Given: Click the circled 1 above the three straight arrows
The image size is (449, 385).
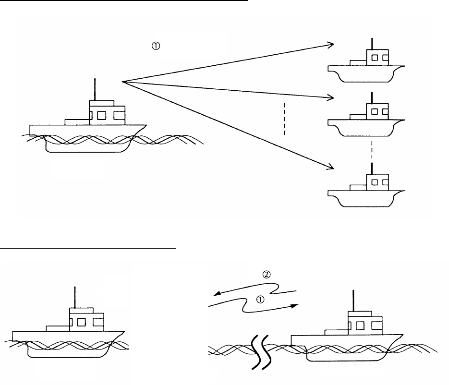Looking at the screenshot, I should [155, 46].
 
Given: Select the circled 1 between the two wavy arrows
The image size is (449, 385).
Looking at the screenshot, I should [260, 299].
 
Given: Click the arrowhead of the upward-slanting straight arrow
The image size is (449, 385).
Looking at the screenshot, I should [330, 44].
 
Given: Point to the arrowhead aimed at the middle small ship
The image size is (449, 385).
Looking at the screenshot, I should [330, 97].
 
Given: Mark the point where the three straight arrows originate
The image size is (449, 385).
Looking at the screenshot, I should [123, 82].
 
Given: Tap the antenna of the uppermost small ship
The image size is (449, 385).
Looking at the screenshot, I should [371, 43].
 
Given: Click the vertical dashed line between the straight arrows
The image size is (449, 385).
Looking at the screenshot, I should [284, 118].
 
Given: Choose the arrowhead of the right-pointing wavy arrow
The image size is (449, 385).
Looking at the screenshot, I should [295, 305].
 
